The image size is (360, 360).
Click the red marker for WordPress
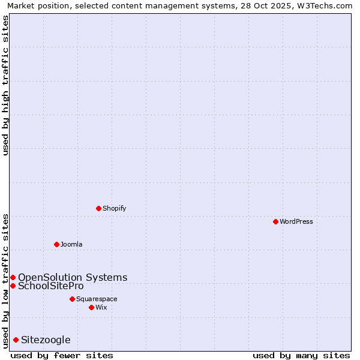(275, 221)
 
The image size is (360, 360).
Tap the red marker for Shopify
(98, 208)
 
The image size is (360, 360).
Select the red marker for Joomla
(56, 244)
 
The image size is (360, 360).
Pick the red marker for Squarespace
(72, 299)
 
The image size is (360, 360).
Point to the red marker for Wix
(91, 307)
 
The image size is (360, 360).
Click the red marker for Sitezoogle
(16, 340)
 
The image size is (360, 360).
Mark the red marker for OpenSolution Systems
(13, 277)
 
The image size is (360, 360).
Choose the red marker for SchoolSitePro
(13, 286)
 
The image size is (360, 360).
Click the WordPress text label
(296, 221)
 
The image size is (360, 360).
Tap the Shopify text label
(115, 208)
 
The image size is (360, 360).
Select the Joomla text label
(71, 244)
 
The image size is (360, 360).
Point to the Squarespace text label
(97, 299)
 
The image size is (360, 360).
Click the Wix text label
(101, 307)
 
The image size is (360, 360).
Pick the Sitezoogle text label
(46, 340)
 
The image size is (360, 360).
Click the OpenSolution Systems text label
(73, 277)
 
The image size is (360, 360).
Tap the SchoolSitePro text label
(51, 286)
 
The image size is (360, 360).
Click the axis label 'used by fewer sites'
(62, 355)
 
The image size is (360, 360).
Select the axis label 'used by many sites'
(301, 355)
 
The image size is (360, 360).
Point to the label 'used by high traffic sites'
(5, 85)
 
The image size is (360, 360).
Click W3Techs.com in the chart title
(325, 5)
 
